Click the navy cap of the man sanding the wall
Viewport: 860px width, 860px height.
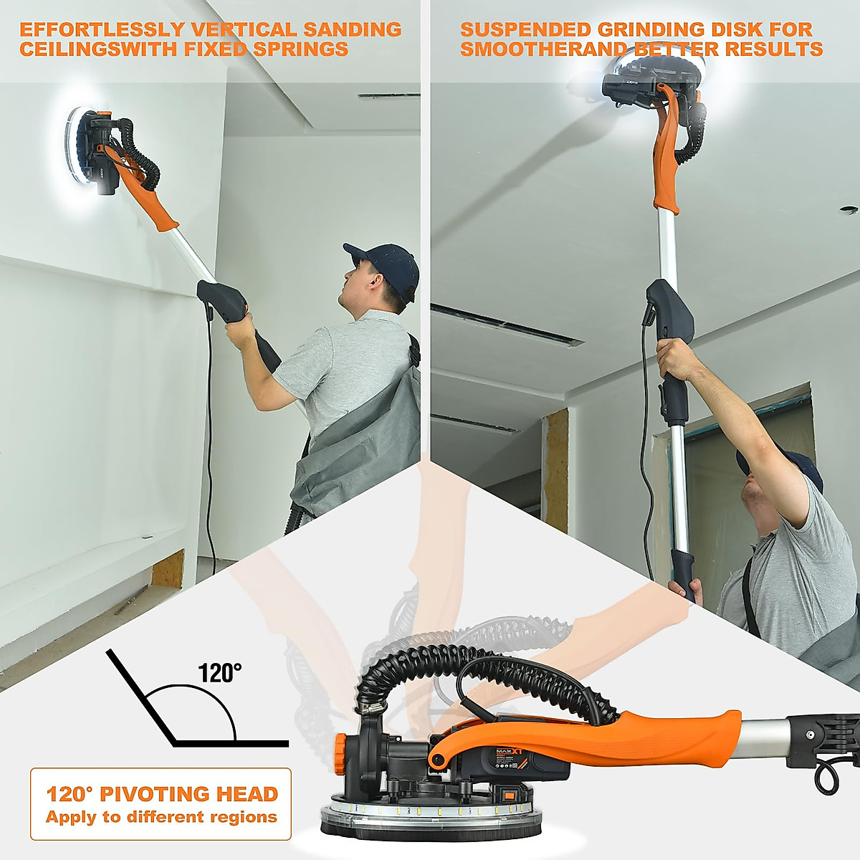(383, 264)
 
